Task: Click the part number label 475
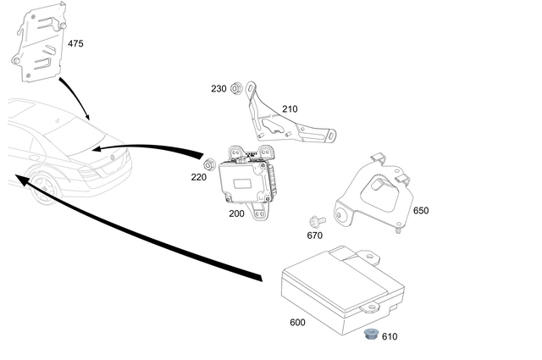click(75, 43)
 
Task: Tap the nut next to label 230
click(238, 88)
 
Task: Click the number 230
click(218, 89)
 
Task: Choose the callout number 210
click(290, 109)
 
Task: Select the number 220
click(198, 178)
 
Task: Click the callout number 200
click(236, 214)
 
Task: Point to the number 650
click(421, 210)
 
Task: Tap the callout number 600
click(297, 322)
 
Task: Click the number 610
click(389, 336)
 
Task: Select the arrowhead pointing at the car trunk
click(97, 148)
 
